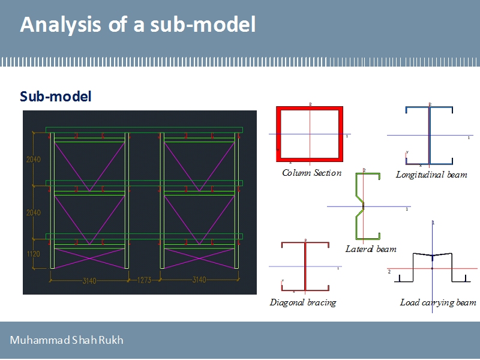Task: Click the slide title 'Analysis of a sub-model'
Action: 138,25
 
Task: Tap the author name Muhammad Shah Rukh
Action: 67,340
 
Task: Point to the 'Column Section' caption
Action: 311,173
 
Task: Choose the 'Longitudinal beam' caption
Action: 431,175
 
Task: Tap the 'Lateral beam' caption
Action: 371,248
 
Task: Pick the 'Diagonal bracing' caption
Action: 302,302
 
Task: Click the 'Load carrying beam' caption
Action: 438,302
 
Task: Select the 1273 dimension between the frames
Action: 144,280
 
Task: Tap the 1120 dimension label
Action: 33,254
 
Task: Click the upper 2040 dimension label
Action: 33,160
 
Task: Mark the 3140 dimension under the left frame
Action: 89,280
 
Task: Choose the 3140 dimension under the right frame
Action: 199,280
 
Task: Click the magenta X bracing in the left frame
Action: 89,257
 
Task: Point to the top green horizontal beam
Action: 144,130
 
